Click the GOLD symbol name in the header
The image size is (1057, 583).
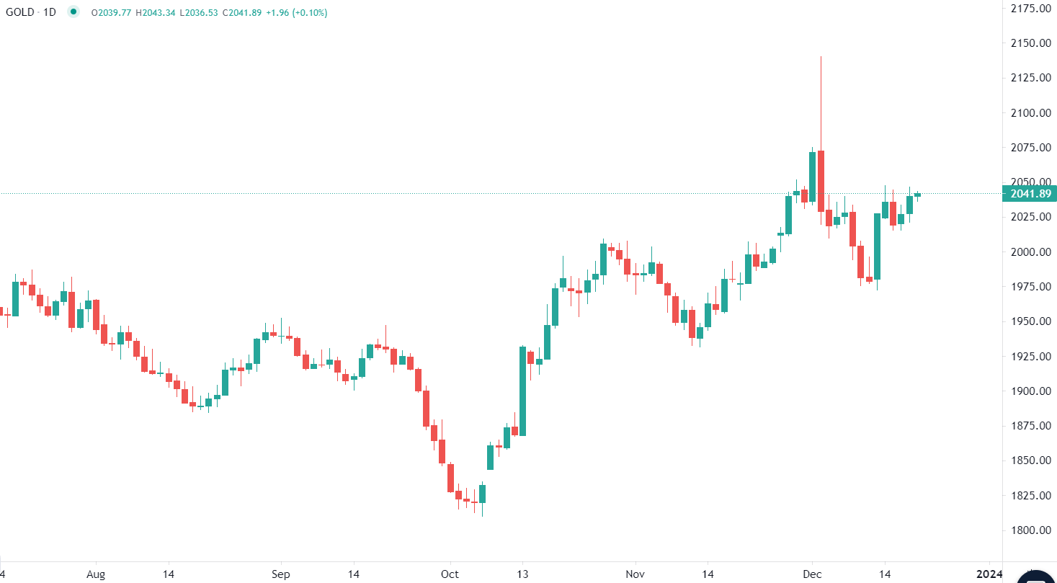click(20, 12)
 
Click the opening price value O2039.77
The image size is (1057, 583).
click(111, 13)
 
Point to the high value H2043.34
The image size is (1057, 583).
click(153, 13)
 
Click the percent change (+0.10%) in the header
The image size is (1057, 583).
click(309, 13)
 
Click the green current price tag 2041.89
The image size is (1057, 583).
click(1030, 193)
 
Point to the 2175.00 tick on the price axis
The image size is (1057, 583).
click(1029, 9)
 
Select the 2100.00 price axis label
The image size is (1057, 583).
click(1029, 113)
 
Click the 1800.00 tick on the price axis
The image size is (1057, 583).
click(1029, 530)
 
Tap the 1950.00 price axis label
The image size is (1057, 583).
click(1029, 321)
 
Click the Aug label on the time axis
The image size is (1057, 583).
click(95, 574)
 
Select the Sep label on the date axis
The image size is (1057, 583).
click(280, 574)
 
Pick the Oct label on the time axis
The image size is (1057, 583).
click(450, 574)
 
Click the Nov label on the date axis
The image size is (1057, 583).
click(635, 574)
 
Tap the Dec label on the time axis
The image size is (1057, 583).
click(812, 574)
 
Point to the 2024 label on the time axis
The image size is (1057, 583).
click(989, 574)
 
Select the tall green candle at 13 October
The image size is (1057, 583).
click(522, 391)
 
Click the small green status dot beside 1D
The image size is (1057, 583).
click(73, 12)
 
